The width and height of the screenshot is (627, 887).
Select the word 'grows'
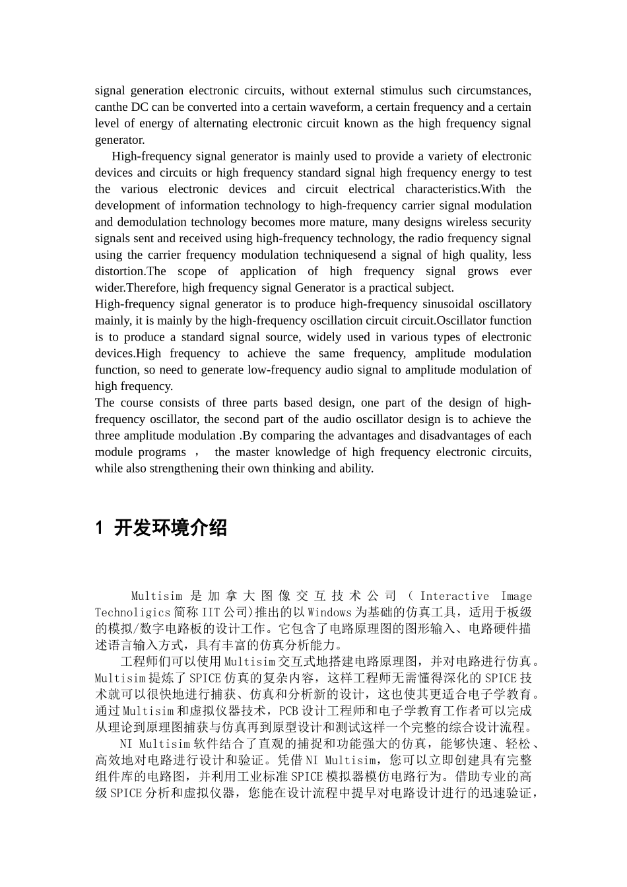tap(483, 271)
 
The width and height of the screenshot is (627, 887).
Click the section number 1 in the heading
tap(100, 528)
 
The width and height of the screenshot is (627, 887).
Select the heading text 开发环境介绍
tap(170, 528)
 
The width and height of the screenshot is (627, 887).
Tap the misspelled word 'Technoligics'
tap(133, 613)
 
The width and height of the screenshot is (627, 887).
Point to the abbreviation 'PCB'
tap(289, 711)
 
